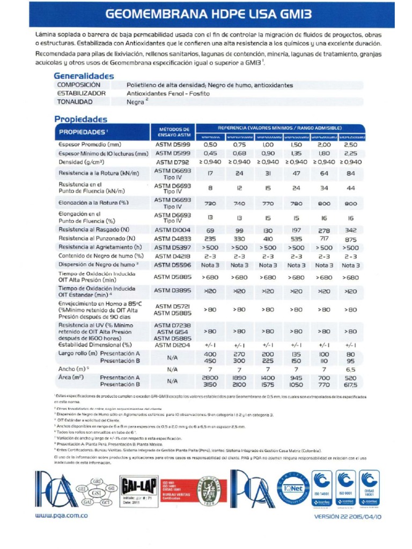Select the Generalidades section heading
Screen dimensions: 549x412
(84, 76)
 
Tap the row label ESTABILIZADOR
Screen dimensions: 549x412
(81, 93)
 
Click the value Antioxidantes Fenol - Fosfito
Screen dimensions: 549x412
(168, 93)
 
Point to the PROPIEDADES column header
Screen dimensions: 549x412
(84, 132)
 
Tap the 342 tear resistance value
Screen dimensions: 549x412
(351, 229)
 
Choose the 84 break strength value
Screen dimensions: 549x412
(351, 173)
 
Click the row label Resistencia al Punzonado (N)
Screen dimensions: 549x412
(97, 238)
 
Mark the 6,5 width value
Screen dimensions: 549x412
(351, 369)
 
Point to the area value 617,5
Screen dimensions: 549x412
(351, 384)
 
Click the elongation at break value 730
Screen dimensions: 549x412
(210, 204)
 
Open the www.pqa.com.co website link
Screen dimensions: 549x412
(62, 516)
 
